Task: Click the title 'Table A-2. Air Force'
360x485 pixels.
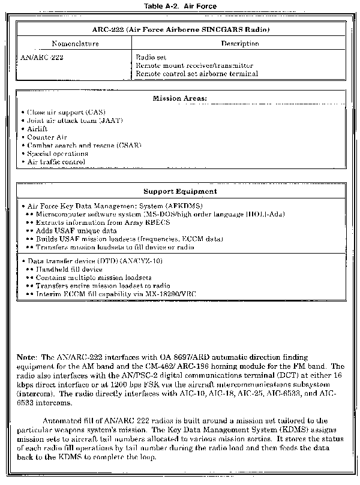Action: (180, 5)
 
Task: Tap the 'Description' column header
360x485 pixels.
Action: (240, 44)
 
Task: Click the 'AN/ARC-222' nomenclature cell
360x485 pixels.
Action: (43, 57)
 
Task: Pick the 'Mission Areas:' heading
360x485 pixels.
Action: (180, 98)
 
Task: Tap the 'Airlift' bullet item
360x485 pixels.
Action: (38, 129)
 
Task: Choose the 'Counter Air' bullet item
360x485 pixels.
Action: (47, 137)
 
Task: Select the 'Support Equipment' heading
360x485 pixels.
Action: (180, 192)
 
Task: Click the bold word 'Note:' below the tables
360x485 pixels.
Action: (28, 357)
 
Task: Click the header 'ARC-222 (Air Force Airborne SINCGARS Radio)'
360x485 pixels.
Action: (180, 29)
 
